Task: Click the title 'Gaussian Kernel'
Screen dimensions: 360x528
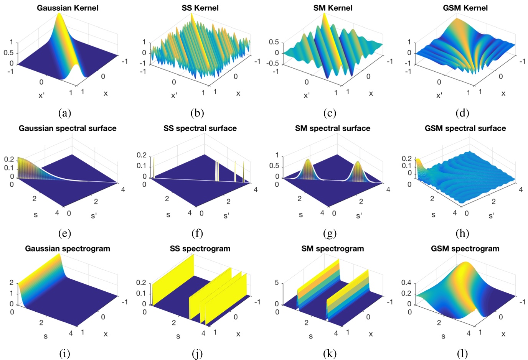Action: coord(68,8)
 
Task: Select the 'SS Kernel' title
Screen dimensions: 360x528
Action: coord(200,8)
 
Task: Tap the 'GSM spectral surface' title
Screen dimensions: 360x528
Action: coord(465,128)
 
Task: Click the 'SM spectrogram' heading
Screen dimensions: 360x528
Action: coord(332,248)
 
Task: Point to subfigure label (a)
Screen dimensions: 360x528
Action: coord(64,113)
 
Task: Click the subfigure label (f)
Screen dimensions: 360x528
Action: coord(197,233)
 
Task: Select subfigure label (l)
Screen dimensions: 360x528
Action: coord(462,353)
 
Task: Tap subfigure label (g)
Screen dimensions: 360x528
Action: coord(330,233)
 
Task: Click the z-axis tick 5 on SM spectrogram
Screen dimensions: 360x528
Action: coord(277,283)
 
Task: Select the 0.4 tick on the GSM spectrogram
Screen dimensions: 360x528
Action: coord(406,283)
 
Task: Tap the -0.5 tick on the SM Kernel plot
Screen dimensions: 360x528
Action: coord(273,63)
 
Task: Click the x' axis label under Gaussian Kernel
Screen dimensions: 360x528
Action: coord(41,95)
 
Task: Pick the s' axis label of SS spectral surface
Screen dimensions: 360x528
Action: coord(226,216)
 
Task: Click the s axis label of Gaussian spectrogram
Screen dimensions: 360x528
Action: coord(45,336)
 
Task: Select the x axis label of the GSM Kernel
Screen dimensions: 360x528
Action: coord(503,93)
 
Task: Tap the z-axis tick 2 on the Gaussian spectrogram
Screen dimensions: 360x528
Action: coord(12,283)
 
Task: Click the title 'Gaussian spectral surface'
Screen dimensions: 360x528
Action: coord(68,128)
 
